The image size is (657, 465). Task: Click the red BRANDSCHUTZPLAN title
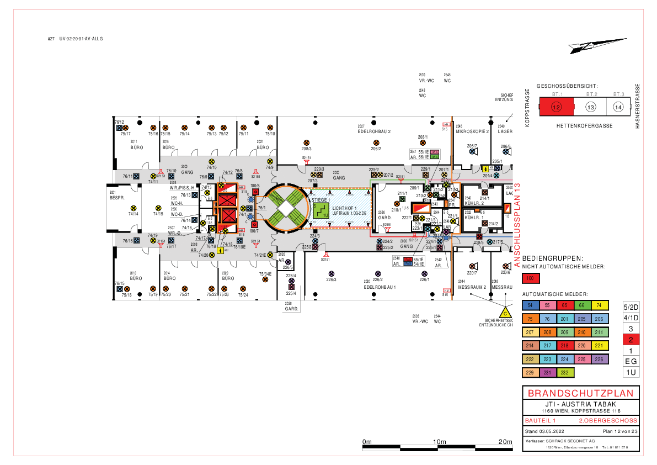click(580, 393)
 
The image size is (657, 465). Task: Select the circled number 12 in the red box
click(556, 107)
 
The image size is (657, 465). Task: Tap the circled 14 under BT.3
click(618, 107)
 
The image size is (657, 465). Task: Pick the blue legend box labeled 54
click(530, 305)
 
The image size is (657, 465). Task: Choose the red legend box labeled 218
click(564, 346)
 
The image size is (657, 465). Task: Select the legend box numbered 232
click(564, 373)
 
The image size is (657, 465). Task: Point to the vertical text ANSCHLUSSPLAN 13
click(517, 225)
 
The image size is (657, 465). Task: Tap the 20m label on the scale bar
click(505, 442)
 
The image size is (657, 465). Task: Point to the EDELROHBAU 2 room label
click(374, 132)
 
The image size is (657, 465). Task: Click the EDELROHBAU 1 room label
click(380, 287)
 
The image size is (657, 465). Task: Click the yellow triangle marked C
click(505, 312)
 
